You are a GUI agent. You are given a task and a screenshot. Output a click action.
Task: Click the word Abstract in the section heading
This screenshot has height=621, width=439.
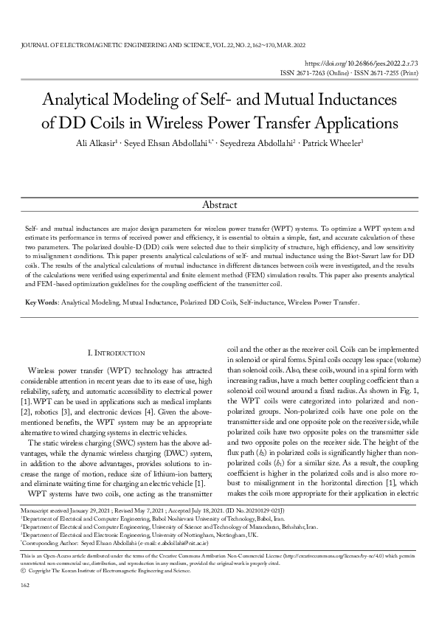(219, 203)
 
